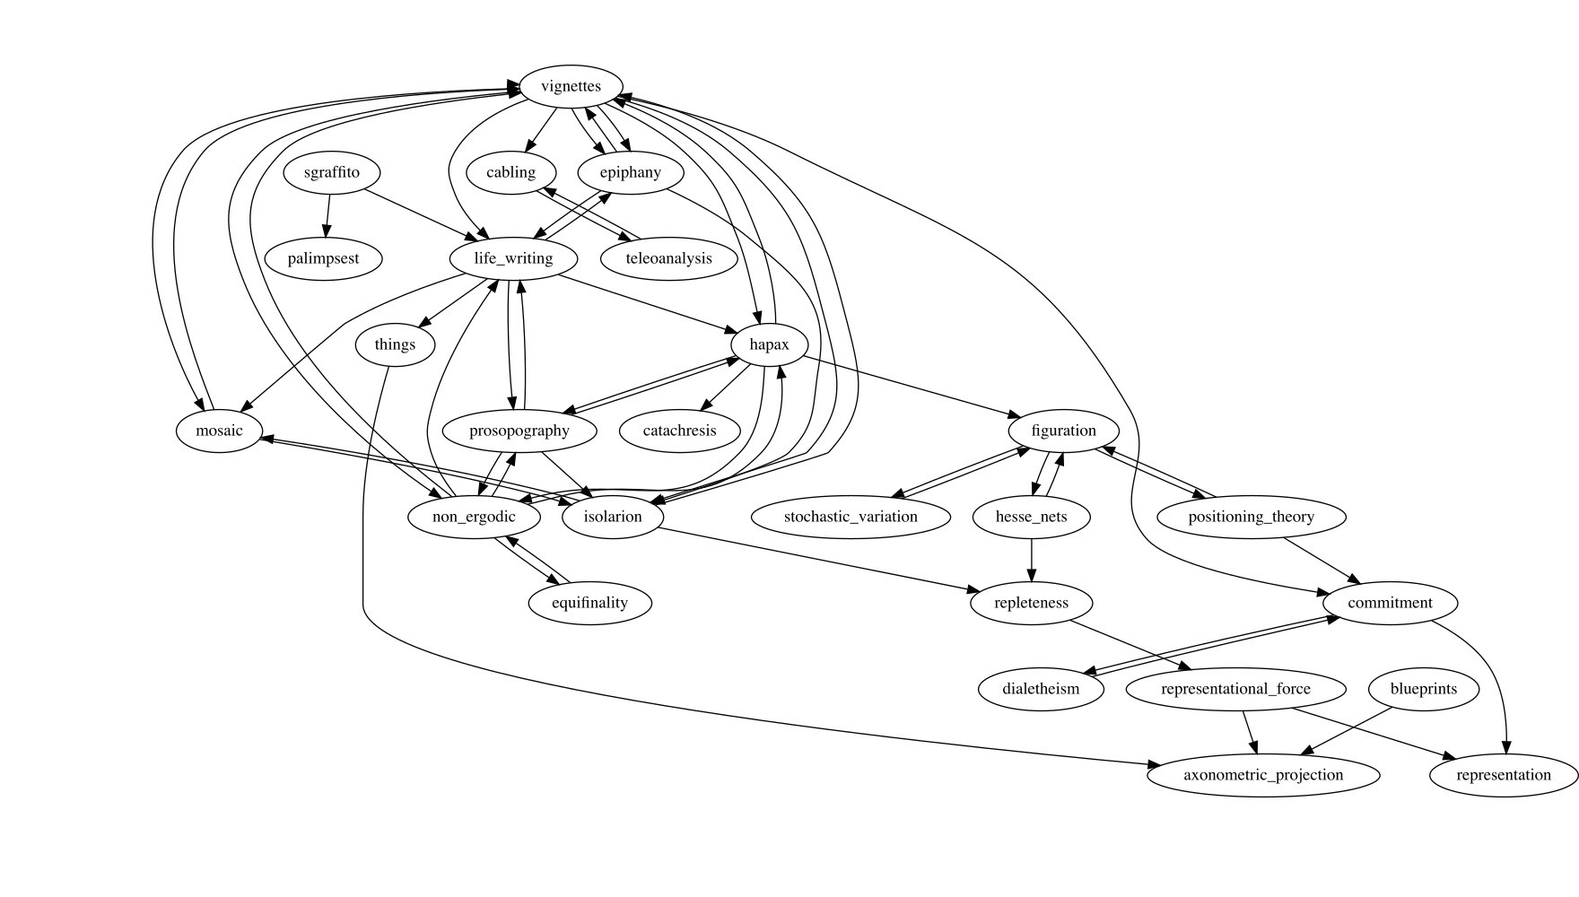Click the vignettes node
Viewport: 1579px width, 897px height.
[571, 87]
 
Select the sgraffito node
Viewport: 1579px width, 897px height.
[331, 173]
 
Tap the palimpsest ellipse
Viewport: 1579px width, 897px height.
[323, 259]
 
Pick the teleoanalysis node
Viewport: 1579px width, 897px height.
[668, 259]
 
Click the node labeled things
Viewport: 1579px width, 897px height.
[395, 345]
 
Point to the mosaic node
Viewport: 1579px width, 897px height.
[219, 431]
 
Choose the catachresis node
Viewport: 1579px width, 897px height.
[679, 431]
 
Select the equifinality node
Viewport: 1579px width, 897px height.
[589, 604]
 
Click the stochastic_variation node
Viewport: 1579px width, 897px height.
[850, 518]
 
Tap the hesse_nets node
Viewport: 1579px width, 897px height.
[1031, 518]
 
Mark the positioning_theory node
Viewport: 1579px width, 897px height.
[1251, 518]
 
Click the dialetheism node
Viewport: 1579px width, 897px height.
[1040, 690]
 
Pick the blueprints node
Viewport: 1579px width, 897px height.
[1423, 690]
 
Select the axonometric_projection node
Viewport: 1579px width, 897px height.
[1262, 776]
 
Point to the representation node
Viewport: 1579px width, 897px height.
[1503, 776]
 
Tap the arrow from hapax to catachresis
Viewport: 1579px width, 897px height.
[725, 388]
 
